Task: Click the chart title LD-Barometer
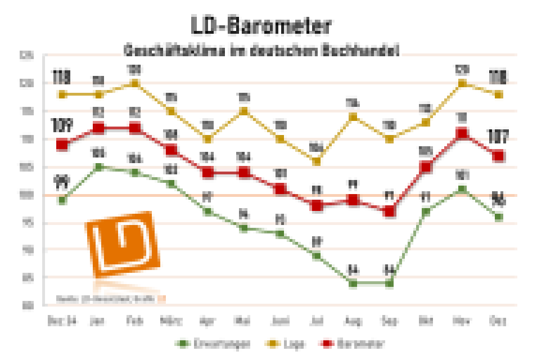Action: click(x=260, y=26)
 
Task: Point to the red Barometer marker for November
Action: click(x=462, y=133)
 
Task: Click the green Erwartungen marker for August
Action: click(x=353, y=283)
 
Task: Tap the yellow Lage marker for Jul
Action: click(x=317, y=161)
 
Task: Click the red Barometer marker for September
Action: click(x=389, y=211)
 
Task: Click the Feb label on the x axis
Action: click(x=135, y=321)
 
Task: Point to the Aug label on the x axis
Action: click(x=353, y=321)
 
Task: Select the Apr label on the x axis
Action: click(x=207, y=321)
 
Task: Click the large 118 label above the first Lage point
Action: click(x=62, y=76)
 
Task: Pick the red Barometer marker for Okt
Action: click(x=426, y=167)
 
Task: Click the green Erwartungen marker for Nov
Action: click(x=462, y=189)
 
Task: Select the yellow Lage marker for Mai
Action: click(x=244, y=111)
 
